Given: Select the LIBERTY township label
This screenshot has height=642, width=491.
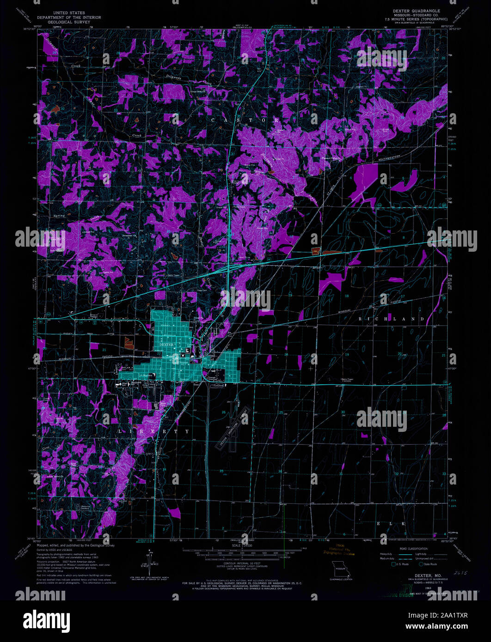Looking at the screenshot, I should tap(155, 431).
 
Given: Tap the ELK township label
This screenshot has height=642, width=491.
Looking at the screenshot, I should tap(391, 523).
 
